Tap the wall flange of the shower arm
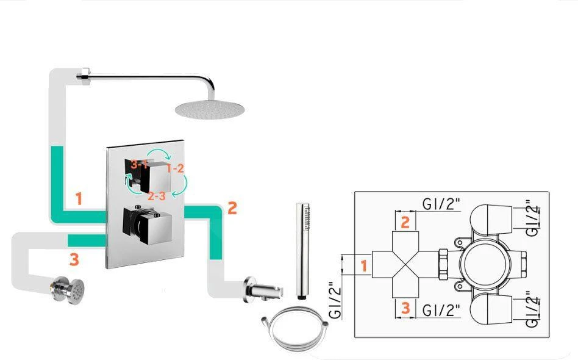pos(81,76)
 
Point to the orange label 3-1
pos(140,164)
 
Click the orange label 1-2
pos(175,168)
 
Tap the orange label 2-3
pos(157,196)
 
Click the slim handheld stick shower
pos(301,250)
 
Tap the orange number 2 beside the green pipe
pos(232,207)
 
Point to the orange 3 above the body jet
pos(74,260)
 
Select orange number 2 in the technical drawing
pos(405,221)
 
